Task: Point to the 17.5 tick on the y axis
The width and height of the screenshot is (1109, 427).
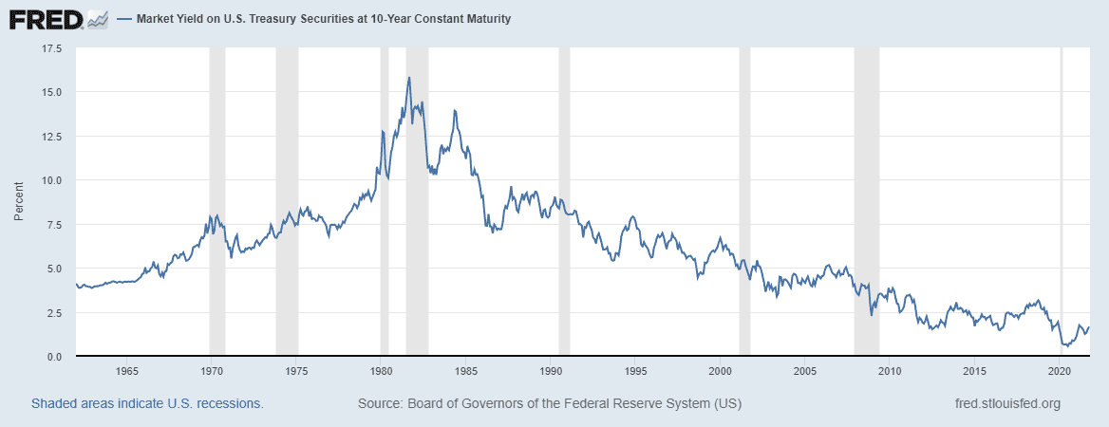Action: pos(50,47)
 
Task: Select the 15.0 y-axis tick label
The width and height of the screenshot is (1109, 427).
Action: pos(50,92)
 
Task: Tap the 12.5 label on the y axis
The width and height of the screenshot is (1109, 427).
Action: pos(50,136)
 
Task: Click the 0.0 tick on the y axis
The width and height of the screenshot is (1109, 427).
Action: pos(53,357)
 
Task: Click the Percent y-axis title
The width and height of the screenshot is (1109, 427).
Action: pos(18,202)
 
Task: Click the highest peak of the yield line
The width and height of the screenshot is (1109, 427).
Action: pos(408,78)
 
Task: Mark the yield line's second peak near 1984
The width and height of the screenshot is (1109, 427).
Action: pos(455,111)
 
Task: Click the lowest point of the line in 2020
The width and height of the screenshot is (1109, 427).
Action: pos(1066,346)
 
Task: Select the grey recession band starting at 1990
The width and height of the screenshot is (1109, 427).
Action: pos(564,199)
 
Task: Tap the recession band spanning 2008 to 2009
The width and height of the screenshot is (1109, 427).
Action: pos(866,199)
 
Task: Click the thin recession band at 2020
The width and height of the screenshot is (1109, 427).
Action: pos(1062,199)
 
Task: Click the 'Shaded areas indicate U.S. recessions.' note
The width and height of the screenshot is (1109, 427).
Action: pos(147,403)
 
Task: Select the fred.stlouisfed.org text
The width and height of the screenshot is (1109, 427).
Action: pos(1006,403)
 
